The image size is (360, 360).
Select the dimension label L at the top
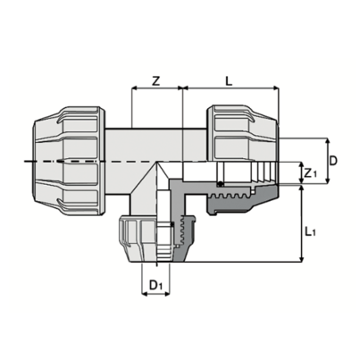click(x=229, y=80)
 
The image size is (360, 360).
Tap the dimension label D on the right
click(x=332, y=161)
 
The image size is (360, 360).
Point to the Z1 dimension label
click(x=310, y=172)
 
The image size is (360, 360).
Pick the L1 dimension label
click(x=310, y=231)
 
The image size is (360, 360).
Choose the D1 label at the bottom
click(x=156, y=285)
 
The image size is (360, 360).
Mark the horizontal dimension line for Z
click(x=156, y=90)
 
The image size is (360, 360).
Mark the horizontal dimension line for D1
click(x=156, y=296)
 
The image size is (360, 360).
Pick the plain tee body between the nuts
click(x=156, y=143)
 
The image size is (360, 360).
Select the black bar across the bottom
click(x=180, y=338)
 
